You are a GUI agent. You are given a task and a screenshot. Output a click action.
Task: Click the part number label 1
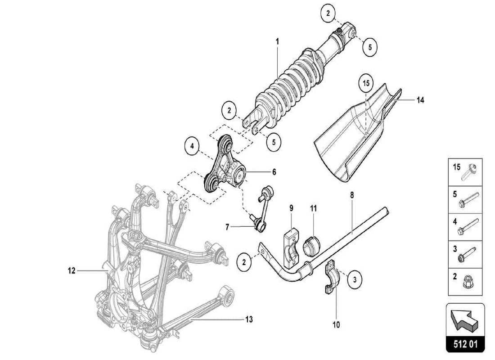(x=278, y=41)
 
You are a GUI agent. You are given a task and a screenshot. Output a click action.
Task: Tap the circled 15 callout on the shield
(x=366, y=84)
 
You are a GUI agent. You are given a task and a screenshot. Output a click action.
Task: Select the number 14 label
(x=420, y=100)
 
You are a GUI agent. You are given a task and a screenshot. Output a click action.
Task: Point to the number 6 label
(x=274, y=172)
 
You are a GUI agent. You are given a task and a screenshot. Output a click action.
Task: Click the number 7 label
(x=227, y=228)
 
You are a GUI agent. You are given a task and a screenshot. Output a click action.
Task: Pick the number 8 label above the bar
(x=351, y=196)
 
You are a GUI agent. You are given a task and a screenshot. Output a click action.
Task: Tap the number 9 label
(x=291, y=208)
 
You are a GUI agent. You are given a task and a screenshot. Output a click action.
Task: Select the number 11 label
(x=313, y=208)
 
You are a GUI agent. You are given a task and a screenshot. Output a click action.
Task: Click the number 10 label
(x=336, y=324)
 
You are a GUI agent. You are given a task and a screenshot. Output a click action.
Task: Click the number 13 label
(x=249, y=319)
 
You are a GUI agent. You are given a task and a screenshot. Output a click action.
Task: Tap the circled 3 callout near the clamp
(x=355, y=279)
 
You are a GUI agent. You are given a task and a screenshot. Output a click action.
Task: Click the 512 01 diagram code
(x=465, y=345)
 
